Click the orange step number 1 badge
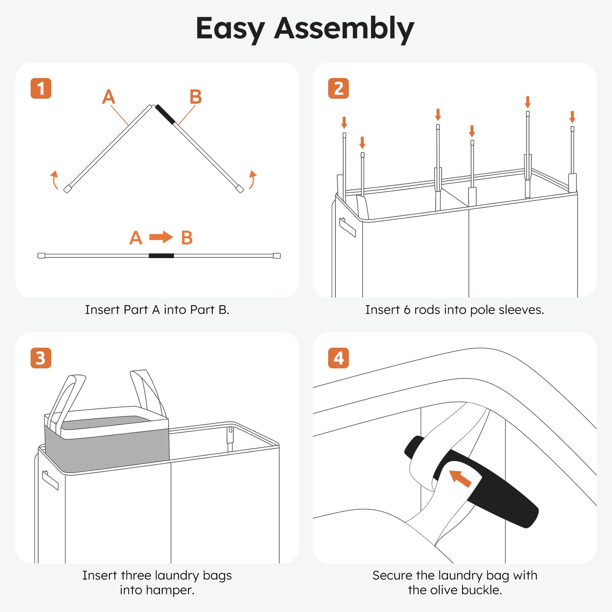click(41, 88)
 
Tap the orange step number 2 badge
click(339, 88)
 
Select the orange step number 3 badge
click(41, 358)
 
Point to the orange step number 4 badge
click(339, 358)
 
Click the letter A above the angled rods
click(109, 97)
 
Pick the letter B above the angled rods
click(195, 97)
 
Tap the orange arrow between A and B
click(161, 237)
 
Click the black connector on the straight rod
click(161, 256)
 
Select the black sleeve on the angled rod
click(165, 114)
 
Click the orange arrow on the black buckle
click(460, 479)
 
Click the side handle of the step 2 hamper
click(348, 227)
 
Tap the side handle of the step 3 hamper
click(50, 480)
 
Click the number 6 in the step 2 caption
click(407, 310)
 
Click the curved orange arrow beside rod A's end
click(55, 180)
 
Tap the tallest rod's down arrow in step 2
click(528, 102)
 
